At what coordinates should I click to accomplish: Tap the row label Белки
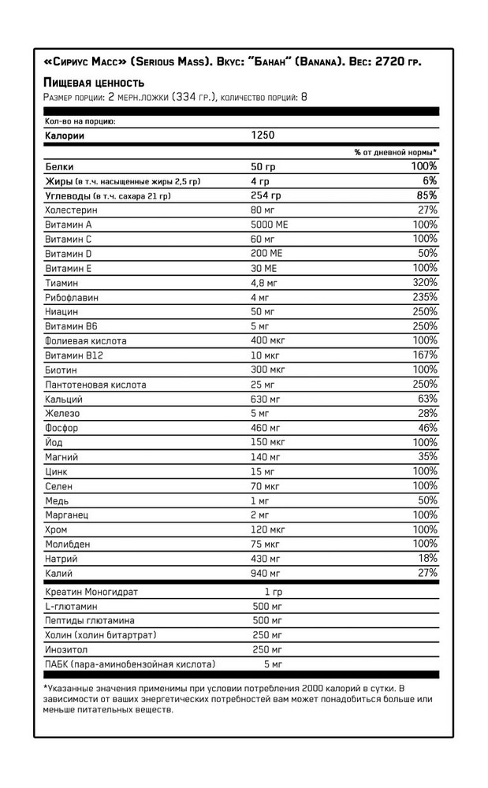[x=60, y=167]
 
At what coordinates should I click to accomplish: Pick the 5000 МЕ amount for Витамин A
[x=270, y=225]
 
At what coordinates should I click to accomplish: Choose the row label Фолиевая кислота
[x=86, y=341]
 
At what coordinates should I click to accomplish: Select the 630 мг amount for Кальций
[x=266, y=399]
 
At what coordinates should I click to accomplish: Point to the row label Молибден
[x=69, y=545]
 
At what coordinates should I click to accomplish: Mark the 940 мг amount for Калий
[x=266, y=573]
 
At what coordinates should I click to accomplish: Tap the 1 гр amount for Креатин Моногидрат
[x=273, y=592]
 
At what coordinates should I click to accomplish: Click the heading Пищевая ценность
[x=93, y=83]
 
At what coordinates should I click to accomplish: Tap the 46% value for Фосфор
[x=426, y=428]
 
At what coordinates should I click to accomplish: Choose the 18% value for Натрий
[x=426, y=559]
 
